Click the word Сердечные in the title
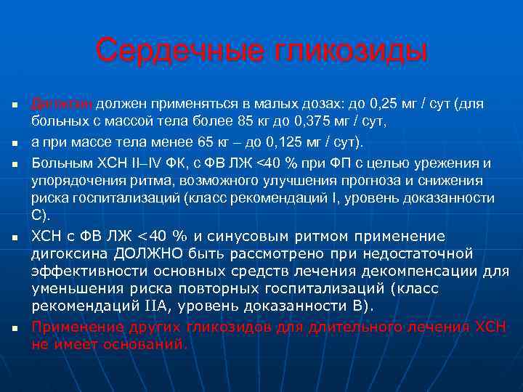pos(171,52)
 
